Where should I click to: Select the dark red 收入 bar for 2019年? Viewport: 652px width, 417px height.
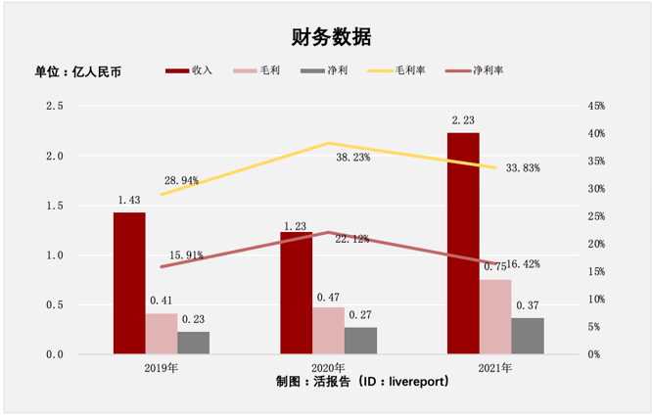129,283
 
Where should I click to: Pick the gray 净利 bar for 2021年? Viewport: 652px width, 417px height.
528,336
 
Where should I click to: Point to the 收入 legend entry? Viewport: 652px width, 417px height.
190,71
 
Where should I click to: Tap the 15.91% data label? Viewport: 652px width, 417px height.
185,255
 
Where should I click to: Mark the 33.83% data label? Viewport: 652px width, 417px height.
524,168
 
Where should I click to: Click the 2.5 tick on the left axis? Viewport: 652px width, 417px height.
54,106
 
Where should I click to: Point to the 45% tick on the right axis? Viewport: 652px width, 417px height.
596,106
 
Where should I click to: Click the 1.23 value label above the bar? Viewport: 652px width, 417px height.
296,225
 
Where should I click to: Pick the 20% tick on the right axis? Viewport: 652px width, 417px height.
596,244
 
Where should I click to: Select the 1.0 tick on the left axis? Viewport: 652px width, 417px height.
54,255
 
